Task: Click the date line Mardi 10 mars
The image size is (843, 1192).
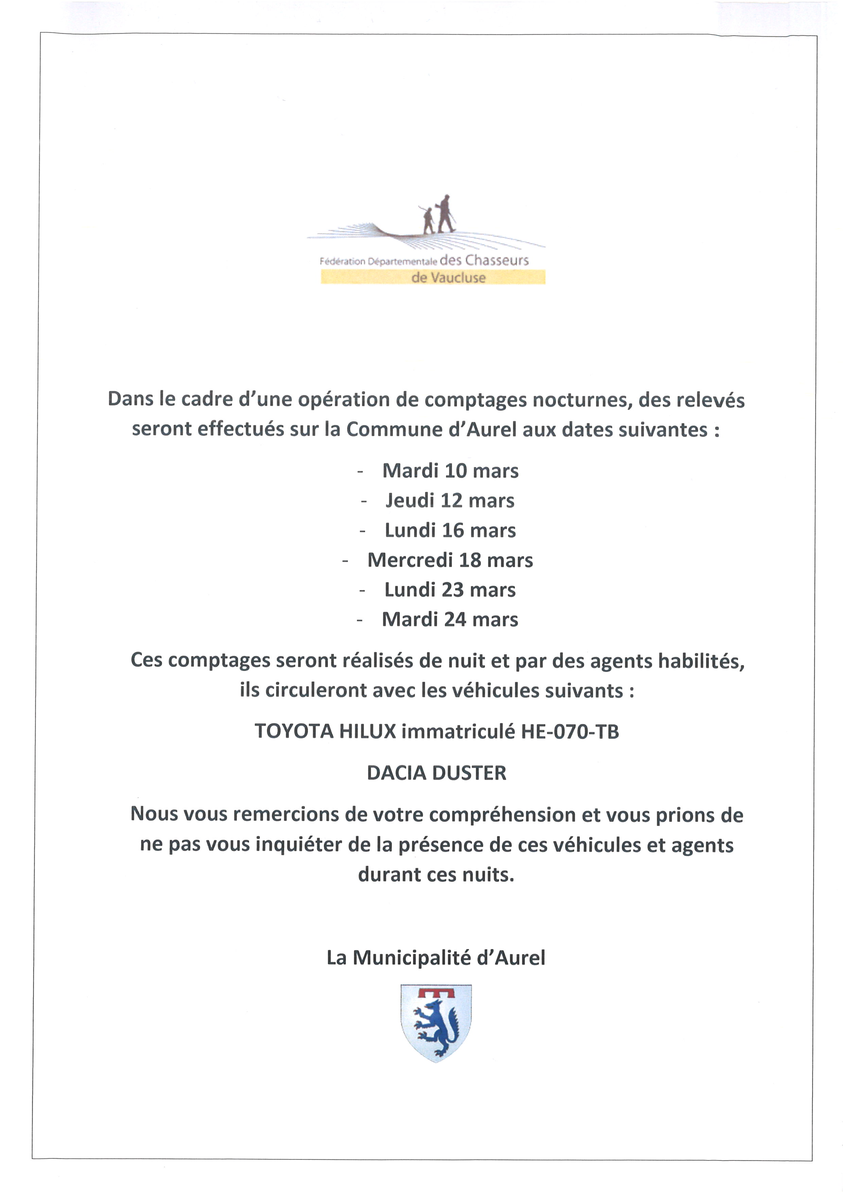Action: [450, 471]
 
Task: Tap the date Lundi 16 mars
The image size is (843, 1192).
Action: [450, 530]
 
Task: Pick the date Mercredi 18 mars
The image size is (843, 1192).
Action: [450, 560]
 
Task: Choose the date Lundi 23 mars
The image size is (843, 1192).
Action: [450, 590]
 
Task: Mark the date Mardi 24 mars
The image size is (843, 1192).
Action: [450, 619]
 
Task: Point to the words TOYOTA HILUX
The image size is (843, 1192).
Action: [325, 731]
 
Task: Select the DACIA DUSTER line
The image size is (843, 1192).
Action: [436, 773]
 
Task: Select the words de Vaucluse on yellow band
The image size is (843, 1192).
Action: [448, 278]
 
